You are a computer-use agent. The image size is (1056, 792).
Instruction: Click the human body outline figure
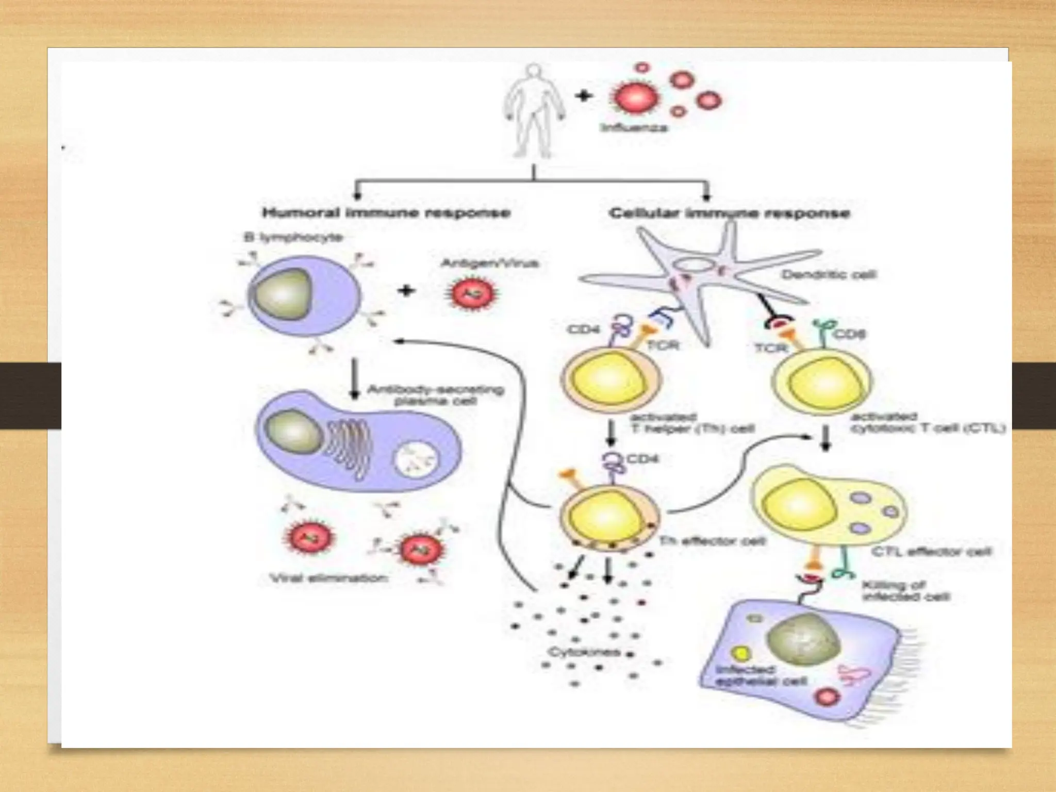[x=534, y=111]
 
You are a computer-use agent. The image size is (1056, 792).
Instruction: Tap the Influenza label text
[x=634, y=127]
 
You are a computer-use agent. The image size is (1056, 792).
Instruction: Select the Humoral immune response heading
[x=386, y=213]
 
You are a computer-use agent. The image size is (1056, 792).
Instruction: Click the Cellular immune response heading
[x=729, y=213]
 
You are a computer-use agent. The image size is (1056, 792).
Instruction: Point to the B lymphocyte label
[x=293, y=238]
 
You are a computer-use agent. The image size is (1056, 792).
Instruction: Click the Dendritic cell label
[x=828, y=274]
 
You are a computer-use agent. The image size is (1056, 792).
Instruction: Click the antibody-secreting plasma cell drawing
[x=356, y=441]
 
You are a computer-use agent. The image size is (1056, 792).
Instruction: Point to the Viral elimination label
[x=329, y=579]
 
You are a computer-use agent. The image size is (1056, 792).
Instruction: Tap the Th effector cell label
[x=712, y=541]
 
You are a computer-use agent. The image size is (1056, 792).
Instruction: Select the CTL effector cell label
[x=931, y=552]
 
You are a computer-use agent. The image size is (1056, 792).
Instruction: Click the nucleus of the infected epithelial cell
[x=803, y=640]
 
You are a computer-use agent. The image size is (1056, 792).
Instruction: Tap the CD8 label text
[x=849, y=335]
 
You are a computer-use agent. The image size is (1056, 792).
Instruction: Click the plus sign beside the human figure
[x=583, y=96]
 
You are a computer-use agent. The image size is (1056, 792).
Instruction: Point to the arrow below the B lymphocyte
[x=355, y=379]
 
